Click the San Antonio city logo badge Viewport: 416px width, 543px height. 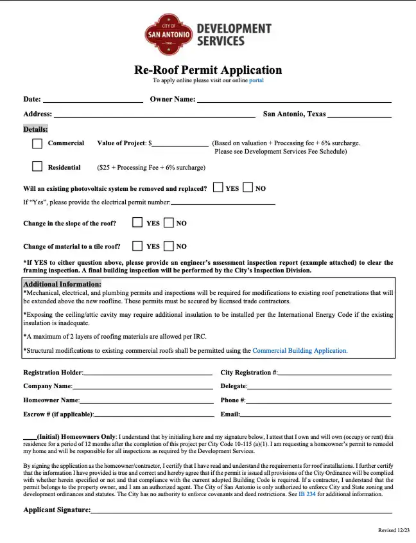click(x=168, y=35)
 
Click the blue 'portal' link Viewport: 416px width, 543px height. click(x=256, y=81)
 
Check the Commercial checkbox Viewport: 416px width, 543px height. click(x=37, y=143)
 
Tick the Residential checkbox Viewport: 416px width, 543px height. click(x=37, y=167)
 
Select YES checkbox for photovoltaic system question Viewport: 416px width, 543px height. click(x=218, y=188)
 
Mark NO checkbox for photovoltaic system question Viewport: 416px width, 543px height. click(x=248, y=188)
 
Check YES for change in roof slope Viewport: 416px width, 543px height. click(x=137, y=222)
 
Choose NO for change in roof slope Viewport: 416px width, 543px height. click(x=169, y=222)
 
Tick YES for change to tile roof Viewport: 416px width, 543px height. click(x=137, y=245)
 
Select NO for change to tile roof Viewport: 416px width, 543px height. click(x=169, y=245)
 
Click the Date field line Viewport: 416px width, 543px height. click(x=92, y=100)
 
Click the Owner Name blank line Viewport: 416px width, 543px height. click(x=293, y=100)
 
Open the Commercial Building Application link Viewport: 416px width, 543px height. click(x=300, y=351)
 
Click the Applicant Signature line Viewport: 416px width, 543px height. click(x=241, y=511)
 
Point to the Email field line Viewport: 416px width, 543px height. click(x=315, y=415)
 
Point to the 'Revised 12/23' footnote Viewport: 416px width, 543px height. click(x=393, y=530)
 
